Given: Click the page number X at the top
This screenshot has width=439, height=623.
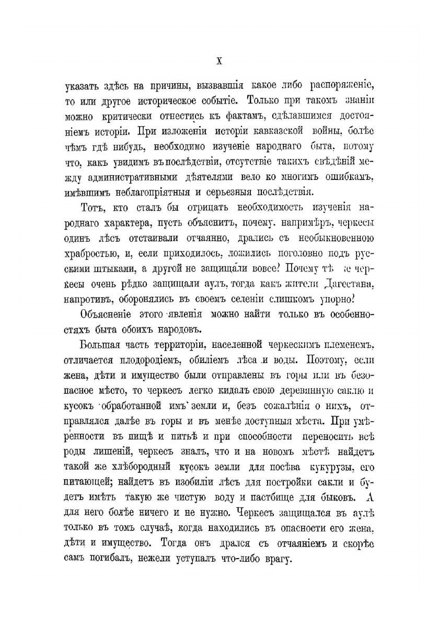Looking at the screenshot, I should tap(219, 60).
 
